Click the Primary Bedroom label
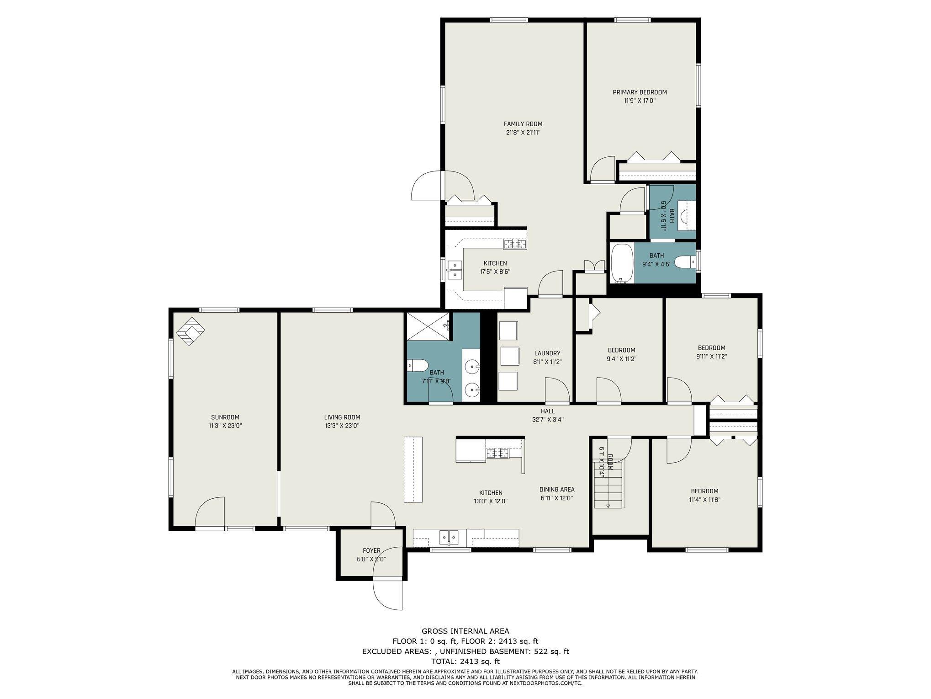tap(640, 92)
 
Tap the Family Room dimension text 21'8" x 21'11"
tap(523, 133)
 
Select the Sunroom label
tap(225, 417)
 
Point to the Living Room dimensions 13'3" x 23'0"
tap(342, 426)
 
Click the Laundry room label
tap(547, 353)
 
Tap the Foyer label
tap(371, 551)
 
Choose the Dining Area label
tap(557, 490)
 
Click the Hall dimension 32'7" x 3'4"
tap(548, 419)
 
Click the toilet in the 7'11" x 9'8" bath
tap(417, 366)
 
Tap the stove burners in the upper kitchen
tap(515, 245)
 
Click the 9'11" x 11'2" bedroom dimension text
tap(711, 356)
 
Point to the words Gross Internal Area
tap(465, 631)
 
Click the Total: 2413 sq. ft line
tap(465, 662)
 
